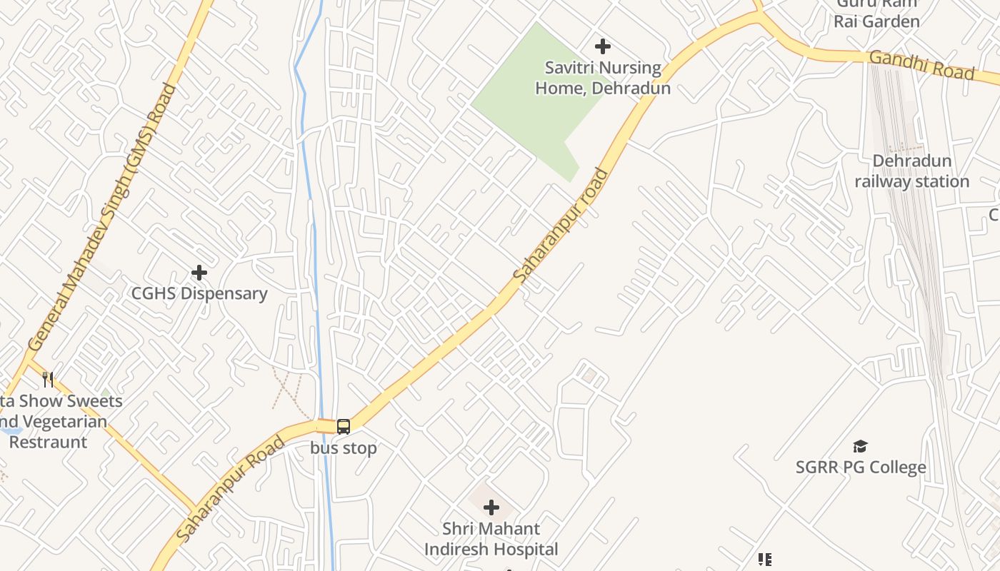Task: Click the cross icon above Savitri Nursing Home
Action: (603, 46)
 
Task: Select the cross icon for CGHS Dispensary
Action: (199, 272)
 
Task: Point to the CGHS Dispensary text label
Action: (199, 293)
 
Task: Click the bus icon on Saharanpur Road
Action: (344, 427)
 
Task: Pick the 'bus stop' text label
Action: (344, 448)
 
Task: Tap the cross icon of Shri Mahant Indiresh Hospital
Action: (491, 507)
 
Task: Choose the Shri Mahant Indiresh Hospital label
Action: (491, 539)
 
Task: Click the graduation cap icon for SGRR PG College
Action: (860, 447)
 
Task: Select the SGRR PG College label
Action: (861, 468)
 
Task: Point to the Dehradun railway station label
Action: (912, 171)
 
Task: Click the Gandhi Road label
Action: (922, 65)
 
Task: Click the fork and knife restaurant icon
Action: (48, 379)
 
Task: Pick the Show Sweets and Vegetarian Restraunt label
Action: (57, 421)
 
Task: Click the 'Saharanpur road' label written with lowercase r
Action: (561, 225)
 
